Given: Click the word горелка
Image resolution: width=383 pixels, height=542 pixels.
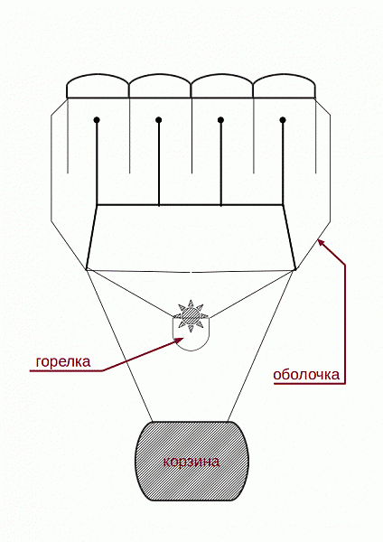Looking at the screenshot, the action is tap(63, 362).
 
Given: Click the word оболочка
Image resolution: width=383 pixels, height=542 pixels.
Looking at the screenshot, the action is tap(306, 375).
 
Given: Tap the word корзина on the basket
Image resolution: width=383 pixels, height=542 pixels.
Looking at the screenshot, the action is tap(191, 463).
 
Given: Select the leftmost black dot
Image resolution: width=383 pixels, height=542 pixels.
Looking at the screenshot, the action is tap(97, 120).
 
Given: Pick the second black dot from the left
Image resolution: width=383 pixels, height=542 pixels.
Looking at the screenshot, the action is tap(159, 120).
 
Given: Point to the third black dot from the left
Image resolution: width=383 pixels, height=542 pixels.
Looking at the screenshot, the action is tap(221, 120).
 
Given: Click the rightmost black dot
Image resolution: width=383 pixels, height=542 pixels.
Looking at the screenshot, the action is tap(283, 120).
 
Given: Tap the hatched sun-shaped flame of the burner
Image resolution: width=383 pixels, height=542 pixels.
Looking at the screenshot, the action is tap(191, 316).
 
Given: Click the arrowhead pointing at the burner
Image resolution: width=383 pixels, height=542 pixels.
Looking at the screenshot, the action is tap(180, 341).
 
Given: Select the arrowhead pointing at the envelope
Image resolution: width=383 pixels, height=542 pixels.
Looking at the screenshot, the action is tap(322, 242).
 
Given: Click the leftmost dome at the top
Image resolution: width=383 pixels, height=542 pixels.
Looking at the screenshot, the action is tap(98, 86).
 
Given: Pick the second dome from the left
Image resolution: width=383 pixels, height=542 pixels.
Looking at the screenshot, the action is tap(160, 86).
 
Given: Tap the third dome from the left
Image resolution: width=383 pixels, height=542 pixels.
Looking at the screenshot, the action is tap(222, 86).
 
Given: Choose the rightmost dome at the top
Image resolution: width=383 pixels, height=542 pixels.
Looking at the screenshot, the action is tap(285, 86).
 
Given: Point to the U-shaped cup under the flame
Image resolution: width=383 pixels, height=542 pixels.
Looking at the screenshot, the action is tap(191, 350).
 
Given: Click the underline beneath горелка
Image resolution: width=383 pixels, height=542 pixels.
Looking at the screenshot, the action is tap(66, 371).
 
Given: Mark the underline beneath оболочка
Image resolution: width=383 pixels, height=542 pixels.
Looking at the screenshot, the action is tap(309, 383).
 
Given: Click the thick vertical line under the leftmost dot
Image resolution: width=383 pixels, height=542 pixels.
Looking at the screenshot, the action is tap(97, 164).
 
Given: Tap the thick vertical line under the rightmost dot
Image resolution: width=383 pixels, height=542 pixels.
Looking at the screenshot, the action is tap(283, 164).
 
